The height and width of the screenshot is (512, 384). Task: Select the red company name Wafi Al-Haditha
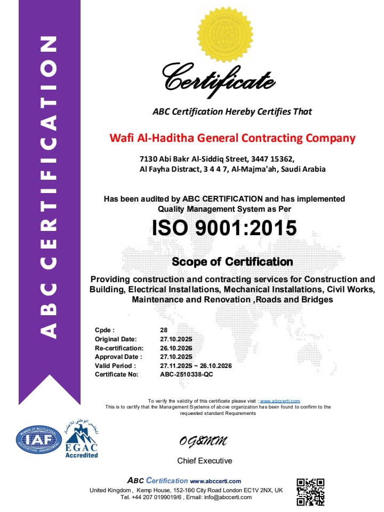(232, 138)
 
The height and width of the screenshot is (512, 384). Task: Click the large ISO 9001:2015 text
(224, 228)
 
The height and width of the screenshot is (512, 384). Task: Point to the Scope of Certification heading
(232, 262)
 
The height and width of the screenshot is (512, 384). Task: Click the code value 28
(164, 330)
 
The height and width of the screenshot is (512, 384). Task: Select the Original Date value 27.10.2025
(176, 339)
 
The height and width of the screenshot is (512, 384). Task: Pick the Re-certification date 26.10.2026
(176, 348)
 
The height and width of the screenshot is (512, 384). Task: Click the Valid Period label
(115, 366)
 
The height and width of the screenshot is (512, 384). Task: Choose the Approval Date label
(118, 357)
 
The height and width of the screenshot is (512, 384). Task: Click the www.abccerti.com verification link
(279, 401)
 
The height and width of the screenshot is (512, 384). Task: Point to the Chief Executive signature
(203, 441)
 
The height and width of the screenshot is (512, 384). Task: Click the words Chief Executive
(205, 460)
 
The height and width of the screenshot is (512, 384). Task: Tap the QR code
(310, 491)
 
